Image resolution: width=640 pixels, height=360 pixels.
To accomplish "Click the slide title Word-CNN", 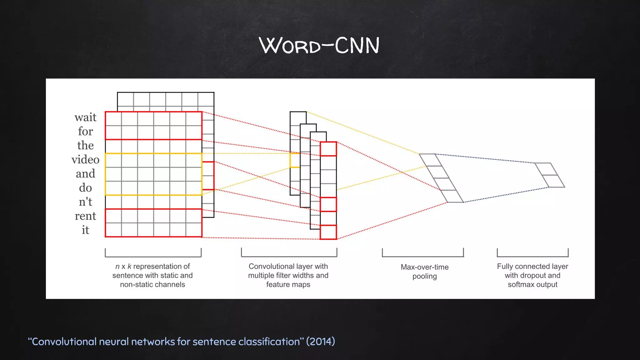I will pos(319,45).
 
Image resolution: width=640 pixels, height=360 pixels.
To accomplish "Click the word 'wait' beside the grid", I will pos(85,117).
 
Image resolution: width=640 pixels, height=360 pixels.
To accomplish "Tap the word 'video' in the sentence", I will pos(85,160).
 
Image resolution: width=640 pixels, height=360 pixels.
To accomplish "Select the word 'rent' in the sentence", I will pos(85,216).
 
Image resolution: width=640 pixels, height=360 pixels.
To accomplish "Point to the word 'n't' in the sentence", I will pos(85,202).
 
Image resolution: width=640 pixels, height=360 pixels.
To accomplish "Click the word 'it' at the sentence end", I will pos(85,230).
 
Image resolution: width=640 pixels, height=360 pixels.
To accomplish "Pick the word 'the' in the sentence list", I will pos(85,146).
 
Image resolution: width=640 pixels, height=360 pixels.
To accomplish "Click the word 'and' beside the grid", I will pos(85,174).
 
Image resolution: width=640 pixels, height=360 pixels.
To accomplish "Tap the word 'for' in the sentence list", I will pos(85,132).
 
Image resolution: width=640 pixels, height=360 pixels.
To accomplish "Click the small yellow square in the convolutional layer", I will pos(295,160).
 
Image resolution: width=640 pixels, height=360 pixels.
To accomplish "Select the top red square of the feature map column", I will pos(328,149).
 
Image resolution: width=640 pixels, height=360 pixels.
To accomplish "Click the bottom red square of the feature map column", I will pos(328,232).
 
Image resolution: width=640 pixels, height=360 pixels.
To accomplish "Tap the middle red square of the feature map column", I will pos(328,204).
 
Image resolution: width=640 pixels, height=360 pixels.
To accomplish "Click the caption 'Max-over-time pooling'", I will pos(424,272).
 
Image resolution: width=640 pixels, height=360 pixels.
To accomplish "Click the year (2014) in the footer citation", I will pos(320,342).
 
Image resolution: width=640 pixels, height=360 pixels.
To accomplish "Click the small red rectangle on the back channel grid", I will pos(208,176).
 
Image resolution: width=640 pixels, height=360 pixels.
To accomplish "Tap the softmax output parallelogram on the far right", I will pos(550,175).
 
